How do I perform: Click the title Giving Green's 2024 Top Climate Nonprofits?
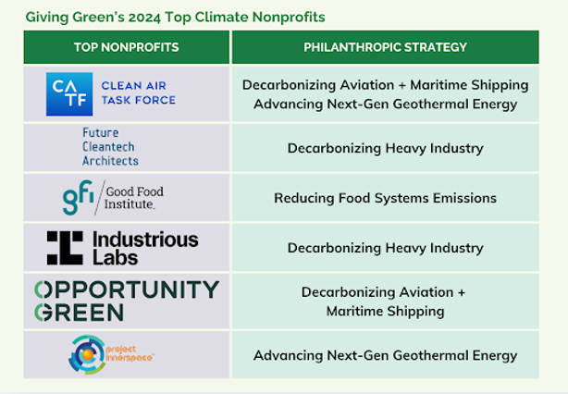point(175,17)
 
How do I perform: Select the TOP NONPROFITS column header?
point(127,47)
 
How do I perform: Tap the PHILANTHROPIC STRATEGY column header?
point(385,47)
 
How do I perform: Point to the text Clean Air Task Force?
point(139,93)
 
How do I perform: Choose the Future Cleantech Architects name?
point(110,147)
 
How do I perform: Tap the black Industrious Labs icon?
point(65,248)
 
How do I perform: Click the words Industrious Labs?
point(145,248)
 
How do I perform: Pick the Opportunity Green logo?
point(127,301)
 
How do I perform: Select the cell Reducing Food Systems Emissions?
point(385,198)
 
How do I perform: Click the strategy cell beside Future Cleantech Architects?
point(385,148)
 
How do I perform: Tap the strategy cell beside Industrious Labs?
point(385,248)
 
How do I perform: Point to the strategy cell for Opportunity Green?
point(385,302)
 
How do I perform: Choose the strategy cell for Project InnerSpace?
point(385,355)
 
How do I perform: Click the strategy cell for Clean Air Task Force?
point(385,93)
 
